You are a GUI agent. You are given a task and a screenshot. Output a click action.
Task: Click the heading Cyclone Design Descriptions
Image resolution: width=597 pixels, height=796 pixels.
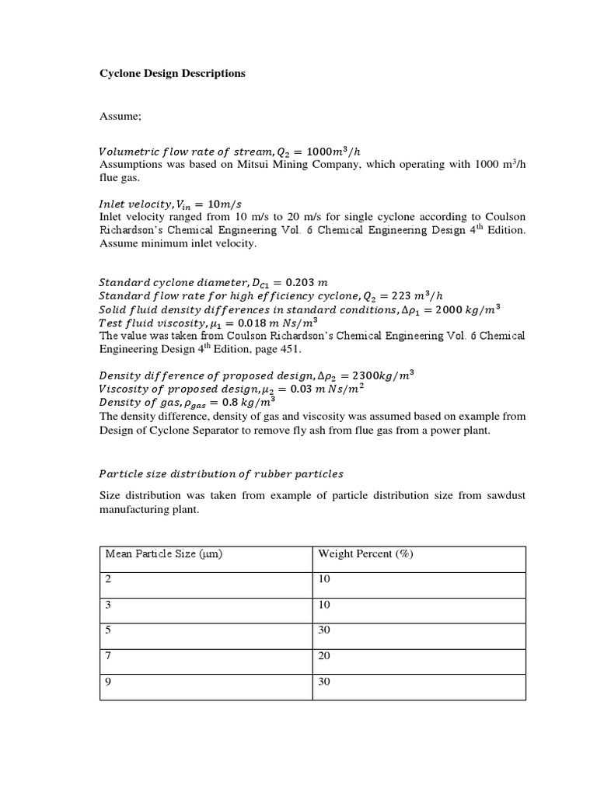point(172,74)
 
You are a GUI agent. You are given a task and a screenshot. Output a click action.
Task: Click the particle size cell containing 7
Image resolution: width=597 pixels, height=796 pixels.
point(106,655)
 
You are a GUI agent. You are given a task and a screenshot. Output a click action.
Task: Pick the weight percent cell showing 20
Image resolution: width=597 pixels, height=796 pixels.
point(324,655)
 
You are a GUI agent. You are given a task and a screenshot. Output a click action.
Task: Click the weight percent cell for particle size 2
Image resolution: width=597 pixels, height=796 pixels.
point(324,579)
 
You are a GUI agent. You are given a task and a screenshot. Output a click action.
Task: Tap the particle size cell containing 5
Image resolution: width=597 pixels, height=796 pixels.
point(106,630)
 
